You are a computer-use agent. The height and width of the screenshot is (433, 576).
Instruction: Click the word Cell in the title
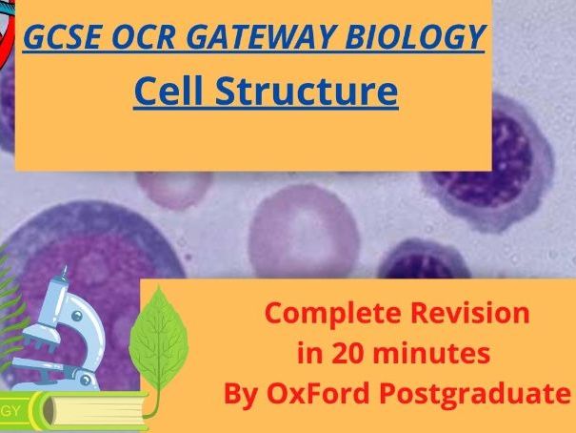[x=171, y=92]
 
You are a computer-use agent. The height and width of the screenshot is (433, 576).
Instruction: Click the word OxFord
[x=310, y=394]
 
